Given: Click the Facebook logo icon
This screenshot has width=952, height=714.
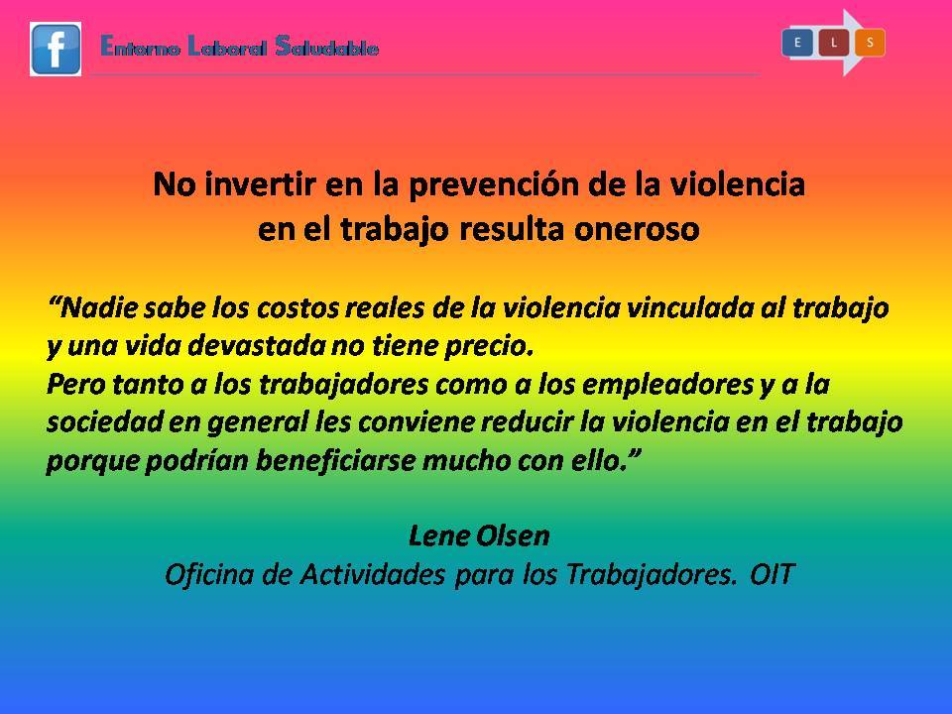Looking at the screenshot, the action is click(x=56, y=50).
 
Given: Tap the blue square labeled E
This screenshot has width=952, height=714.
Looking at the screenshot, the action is click(x=797, y=43).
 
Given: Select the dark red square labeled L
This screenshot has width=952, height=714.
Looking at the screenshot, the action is click(x=834, y=43).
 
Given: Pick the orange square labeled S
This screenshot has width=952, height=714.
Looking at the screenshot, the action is click(x=870, y=43).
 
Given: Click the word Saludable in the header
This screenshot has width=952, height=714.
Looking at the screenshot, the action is click(x=326, y=47).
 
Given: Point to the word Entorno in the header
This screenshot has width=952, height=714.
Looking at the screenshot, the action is click(x=140, y=47).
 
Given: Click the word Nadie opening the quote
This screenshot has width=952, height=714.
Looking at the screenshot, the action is click(x=95, y=307).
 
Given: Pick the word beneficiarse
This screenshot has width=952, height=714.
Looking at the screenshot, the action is click(x=336, y=460).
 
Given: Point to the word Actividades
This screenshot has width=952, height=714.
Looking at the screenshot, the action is click(x=372, y=574).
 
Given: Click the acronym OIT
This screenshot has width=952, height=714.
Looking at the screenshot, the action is click(x=773, y=574).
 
